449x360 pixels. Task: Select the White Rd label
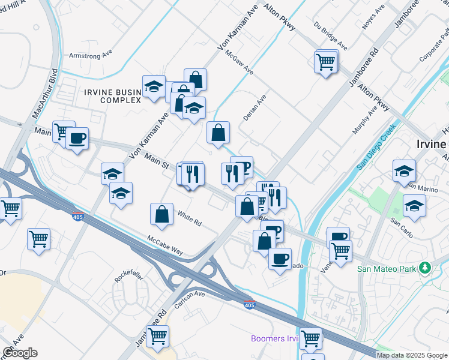click(189, 217)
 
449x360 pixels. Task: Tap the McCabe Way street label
click(165, 245)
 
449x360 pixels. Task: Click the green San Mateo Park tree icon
click(425, 267)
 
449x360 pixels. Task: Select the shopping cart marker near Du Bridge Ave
click(325, 62)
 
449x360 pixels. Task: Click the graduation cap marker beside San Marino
click(404, 170)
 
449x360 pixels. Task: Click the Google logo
click(20, 353)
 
